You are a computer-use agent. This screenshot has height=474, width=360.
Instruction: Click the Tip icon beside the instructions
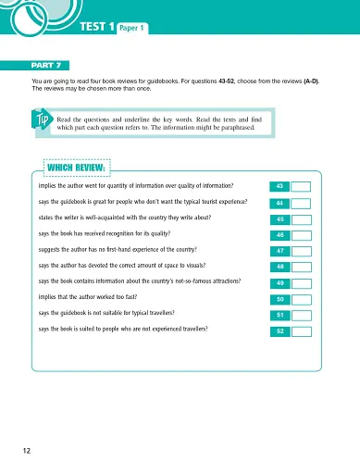click(41, 123)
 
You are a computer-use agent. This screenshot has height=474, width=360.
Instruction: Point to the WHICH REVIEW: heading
click(78, 168)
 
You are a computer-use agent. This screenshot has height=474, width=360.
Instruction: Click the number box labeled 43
click(279, 187)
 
